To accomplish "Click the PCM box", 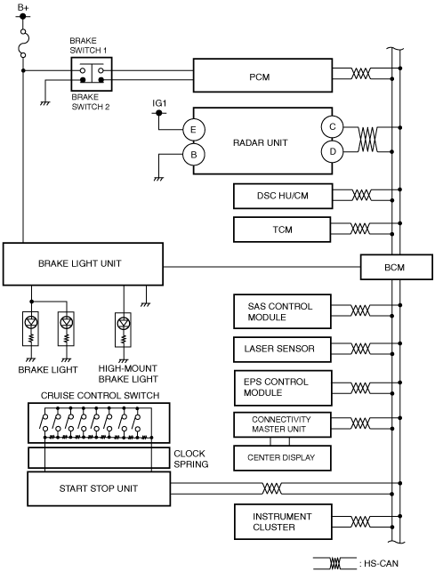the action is click(x=262, y=75).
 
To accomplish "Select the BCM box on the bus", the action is click(x=397, y=268).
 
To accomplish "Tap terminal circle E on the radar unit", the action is click(x=193, y=130).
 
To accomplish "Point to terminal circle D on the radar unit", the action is click(x=332, y=151).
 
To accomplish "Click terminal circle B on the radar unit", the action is click(x=193, y=154).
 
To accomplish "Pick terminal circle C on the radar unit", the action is click(x=332, y=126).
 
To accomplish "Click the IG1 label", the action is click(x=159, y=103).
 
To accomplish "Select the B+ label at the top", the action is click(x=23, y=7).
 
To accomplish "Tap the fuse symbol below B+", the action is click(x=24, y=44).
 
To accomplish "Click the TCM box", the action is click(x=282, y=230).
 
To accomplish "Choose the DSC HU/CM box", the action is click(x=283, y=196).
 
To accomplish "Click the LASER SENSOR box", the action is click(x=282, y=350).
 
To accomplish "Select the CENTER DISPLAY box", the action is click(x=282, y=458).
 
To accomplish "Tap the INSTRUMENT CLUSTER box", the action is click(x=283, y=521).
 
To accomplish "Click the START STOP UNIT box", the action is click(x=99, y=488).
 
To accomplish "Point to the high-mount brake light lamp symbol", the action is click(x=124, y=323).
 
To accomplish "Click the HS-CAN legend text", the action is click(x=379, y=564).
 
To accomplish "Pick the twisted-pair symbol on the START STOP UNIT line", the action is click(x=272, y=488).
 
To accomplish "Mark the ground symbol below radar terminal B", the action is click(x=158, y=179).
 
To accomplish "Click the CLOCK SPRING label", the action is click(x=191, y=459).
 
